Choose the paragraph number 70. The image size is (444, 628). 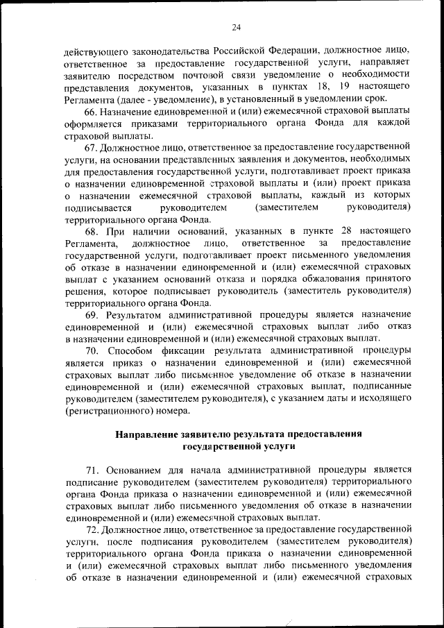(93, 350)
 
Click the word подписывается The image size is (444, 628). (98, 207)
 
